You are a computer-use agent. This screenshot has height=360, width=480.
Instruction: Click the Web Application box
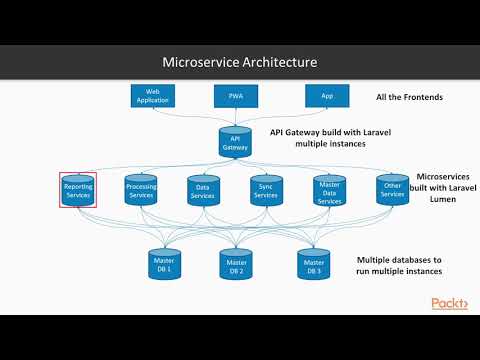[154, 96]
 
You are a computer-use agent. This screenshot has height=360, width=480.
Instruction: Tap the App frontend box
[326, 96]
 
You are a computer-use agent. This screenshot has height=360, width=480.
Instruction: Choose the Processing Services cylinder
[141, 190]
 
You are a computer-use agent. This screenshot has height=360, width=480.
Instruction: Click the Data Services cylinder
[203, 190]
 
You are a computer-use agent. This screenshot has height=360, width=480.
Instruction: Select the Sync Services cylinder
[265, 190]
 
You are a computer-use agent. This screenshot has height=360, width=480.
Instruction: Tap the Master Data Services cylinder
[328, 192]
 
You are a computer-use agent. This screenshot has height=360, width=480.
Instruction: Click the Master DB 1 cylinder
[163, 265]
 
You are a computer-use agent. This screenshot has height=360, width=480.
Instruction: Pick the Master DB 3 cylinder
[313, 265]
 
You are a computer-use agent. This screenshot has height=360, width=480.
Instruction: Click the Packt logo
[449, 303]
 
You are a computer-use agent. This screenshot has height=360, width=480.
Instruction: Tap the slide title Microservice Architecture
[239, 62]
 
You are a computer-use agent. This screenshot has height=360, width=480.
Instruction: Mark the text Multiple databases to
[398, 259]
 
